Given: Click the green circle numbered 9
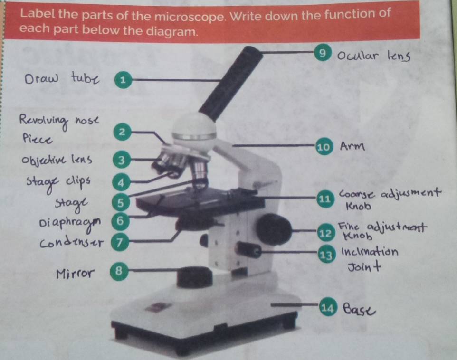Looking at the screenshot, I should [x=323, y=54].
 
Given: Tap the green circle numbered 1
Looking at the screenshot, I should [x=122, y=80].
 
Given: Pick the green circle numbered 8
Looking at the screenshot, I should [x=119, y=271].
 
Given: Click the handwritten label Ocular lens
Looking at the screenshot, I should [x=373, y=57].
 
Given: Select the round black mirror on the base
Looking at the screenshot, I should [x=194, y=276].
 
